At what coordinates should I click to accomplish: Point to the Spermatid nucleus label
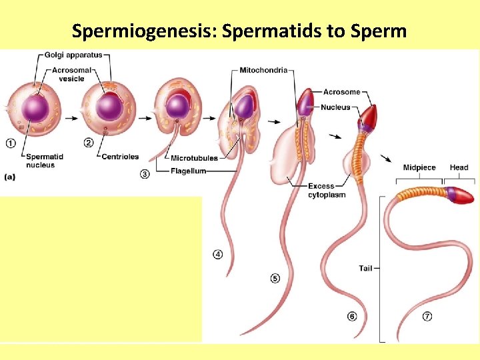pyautogui.click(x=45, y=161)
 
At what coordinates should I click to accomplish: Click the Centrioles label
pyautogui.click(x=119, y=157)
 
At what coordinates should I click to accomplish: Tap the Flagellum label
pyautogui.click(x=188, y=171)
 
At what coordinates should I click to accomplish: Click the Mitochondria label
pyautogui.click(x=265, y=70)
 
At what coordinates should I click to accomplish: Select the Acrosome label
pyautogui.click(x=341, y=92)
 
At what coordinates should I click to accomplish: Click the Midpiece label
pyautogui.click(x=419, y=167)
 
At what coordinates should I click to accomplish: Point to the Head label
pyautogui.click(x=459, y=167)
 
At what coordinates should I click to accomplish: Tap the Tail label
pyautogui.click(x=365, y=269)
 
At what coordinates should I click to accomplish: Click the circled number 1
pyautogui.click(x=11, y=142)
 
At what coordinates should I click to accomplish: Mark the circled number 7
pyautogui.click(x=427, y=317)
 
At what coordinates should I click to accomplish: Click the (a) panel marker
pyautogui.click(x=10, y=177)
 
